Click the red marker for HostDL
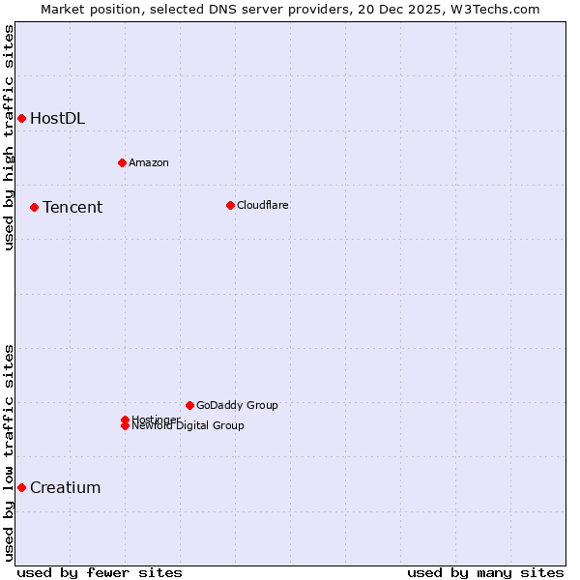[21, 118]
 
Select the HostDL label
[57, 119]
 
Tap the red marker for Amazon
[122, 162]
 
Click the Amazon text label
[148, 162]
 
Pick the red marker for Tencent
[34, 207]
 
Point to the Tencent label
[72, 208]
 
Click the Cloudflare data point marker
[230, 205]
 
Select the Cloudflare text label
[262, 205]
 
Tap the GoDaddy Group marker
[189, 405]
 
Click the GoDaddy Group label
[237, 405]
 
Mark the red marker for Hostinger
[125, 420]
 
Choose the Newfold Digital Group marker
[125, 426]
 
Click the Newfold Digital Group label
[188, 426]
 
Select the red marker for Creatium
[21, 487]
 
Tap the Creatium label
[65, 488]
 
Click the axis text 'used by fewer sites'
[100, 572]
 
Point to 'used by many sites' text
[485, 572]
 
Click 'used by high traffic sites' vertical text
[9, 137]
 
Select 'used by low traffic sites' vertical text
[9, 452]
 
